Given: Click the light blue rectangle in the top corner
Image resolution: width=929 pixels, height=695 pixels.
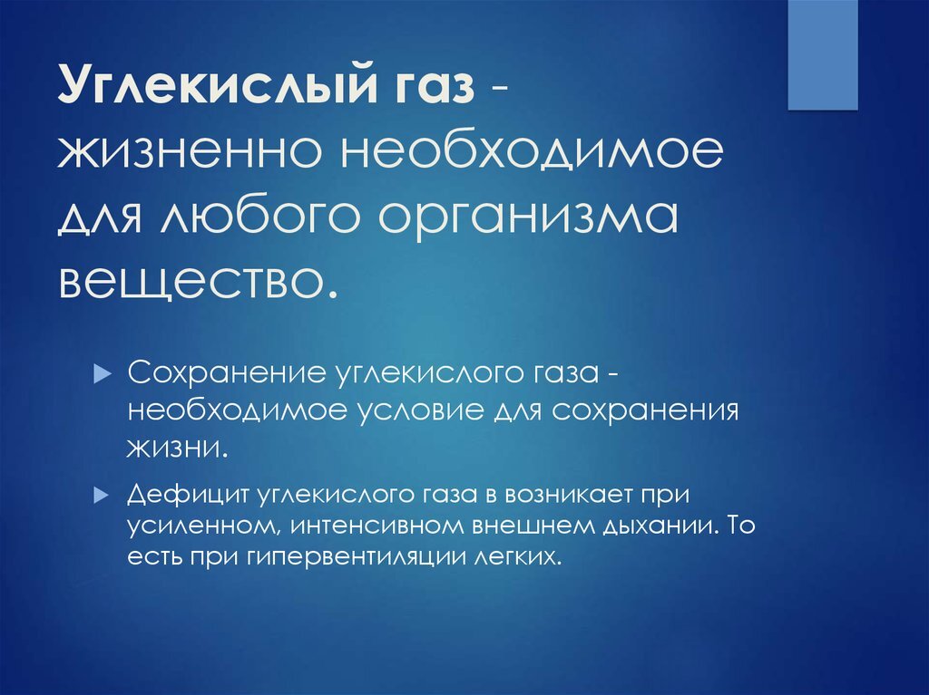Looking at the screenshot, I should coord(822,54).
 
